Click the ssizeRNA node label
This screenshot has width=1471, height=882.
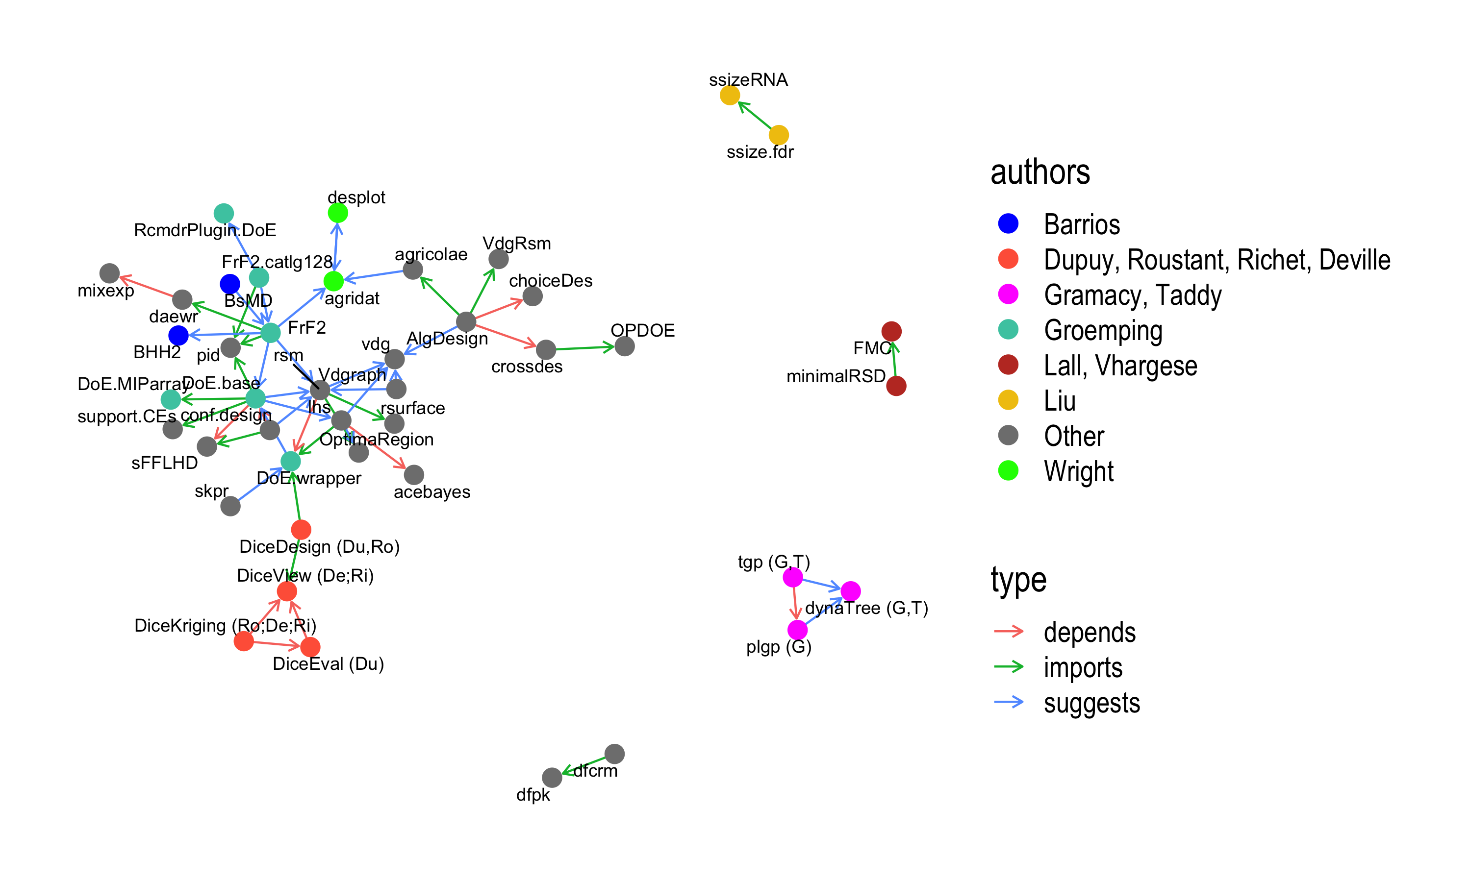(748, 80)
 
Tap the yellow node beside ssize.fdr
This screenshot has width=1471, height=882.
(778, 135)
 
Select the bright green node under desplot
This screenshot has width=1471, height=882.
(338, 213)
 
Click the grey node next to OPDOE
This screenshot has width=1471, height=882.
(624, 346)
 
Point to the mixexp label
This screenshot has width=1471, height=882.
(106, 291)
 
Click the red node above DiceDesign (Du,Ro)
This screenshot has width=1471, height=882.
(301, 529)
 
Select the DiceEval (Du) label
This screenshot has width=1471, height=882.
(328, 664)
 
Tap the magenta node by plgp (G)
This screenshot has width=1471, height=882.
(797, 630)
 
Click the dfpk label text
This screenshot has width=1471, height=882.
(533, 795)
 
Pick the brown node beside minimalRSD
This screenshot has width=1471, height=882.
(896, 386)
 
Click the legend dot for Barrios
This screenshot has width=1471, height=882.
(1009, 223)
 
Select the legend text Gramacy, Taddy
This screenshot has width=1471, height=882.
(1133, 295)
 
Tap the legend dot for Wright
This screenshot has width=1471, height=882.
(1009, 471)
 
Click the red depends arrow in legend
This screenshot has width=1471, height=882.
(1009, 631)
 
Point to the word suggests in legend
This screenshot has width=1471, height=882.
(1091, 703)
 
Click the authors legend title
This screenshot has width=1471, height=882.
(1040, 172)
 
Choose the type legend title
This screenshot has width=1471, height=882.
(1018, 580)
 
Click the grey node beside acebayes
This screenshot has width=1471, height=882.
(414, 474)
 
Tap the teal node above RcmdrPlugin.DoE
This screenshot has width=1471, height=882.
(224, 213)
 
